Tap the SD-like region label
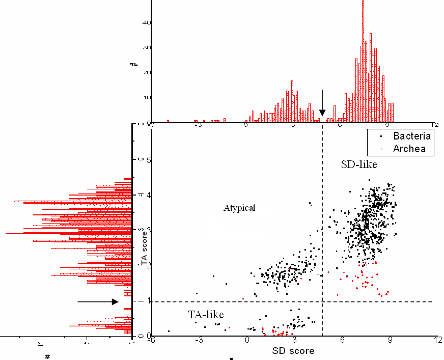click(x=357, y=164)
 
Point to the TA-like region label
click(x=206, y=314)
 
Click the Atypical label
click(x=239, y=208)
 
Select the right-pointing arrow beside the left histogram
click(x=98, y=301)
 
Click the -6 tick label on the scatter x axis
click(x=151, y=340)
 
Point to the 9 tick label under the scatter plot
click(x=390, y=340)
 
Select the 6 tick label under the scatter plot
click(x=342, y=340)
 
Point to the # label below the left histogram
click(x=47, y=356)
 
